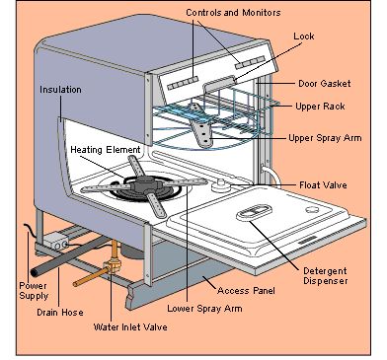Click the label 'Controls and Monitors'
[233, 13]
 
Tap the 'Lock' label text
[304, 36]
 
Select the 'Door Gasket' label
[325, 83]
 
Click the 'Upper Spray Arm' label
[325, 138]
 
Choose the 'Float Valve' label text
[323, 184]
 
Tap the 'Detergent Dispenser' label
[325, 275]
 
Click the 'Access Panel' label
[246, 291]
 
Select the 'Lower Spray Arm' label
[204, 309]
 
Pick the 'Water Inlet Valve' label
[130, 327]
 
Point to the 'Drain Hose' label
[60, 312]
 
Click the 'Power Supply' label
[34, 291]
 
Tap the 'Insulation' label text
[60, 90]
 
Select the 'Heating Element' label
[106, 150]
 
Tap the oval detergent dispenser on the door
[254, 211]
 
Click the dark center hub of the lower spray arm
[146, 184]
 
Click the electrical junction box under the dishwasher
[56, 241]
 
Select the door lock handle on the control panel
[219, 83]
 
